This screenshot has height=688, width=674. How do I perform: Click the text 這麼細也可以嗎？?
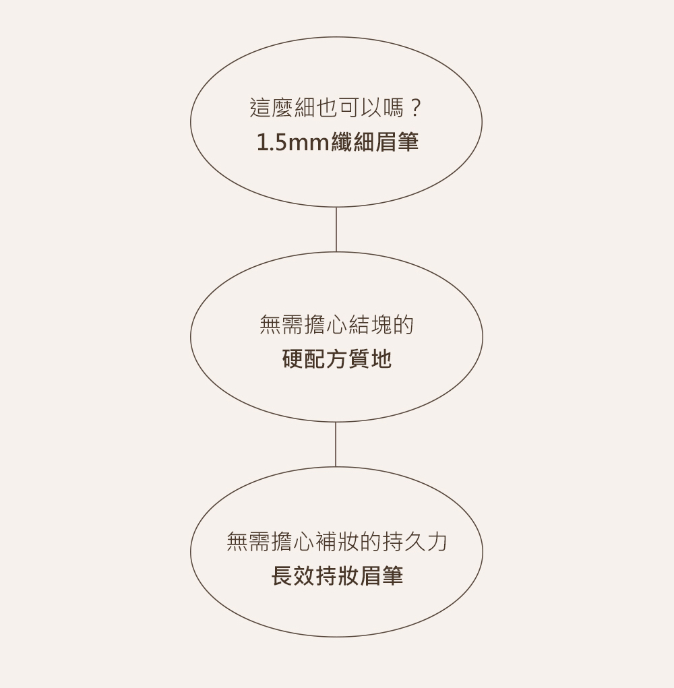(336, 107)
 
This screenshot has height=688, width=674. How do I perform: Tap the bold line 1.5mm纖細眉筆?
(337, 142)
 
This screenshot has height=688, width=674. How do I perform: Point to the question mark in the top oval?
(416, 107)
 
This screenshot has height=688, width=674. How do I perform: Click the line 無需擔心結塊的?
(336, 325)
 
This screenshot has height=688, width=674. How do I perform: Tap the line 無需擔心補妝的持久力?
(336, 542)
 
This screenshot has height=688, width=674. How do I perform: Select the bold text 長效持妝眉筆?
(336, 576)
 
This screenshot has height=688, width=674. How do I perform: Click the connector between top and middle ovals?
(336, 229)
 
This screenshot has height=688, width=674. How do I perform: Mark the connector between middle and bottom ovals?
(336, 444)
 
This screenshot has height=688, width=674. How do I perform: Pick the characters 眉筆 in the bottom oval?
(381, 576)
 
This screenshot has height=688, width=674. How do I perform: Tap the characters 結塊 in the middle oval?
(369, 325)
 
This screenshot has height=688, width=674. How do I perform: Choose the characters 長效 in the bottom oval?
(292, 576)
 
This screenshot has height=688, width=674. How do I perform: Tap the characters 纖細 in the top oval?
(353, 142)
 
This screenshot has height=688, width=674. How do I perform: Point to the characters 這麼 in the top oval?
(271, 107)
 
